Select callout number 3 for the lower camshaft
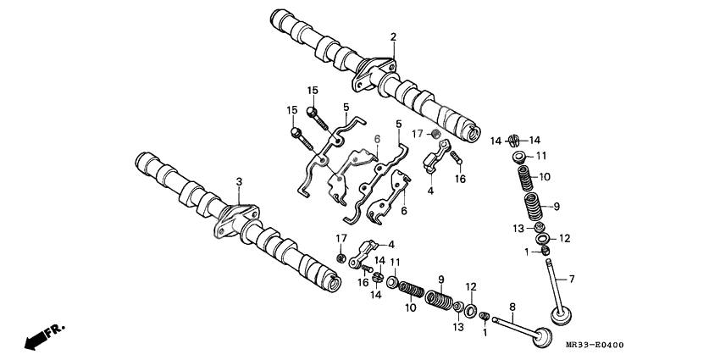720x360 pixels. pyautogui.click(x=239, y=181)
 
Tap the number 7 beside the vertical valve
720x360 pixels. pyautogui.click(x=571, y=279)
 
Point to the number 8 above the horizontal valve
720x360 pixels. pyautogui.click(x=512, y=306)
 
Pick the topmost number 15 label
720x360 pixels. pyautogui.click(x=312, y=90)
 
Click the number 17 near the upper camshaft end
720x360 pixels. pyautogui.click(x=417, y=134)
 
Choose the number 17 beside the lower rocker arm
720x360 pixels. pyautogui.click(x=341, y=238)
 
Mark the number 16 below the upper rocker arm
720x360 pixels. pyautogui.click(x=460, y=180)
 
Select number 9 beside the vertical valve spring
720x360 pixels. pyautogui.click(x=557, y=206)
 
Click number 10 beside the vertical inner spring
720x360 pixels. pyautogui.click(x=545, y=177)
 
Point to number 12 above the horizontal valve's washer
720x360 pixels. pyautogui.click(x=471, y=286)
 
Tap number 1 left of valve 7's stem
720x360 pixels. pyautogui.click(x=526, y=252)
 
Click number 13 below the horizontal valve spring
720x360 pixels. pyautogui.click(x=458, y=327)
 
